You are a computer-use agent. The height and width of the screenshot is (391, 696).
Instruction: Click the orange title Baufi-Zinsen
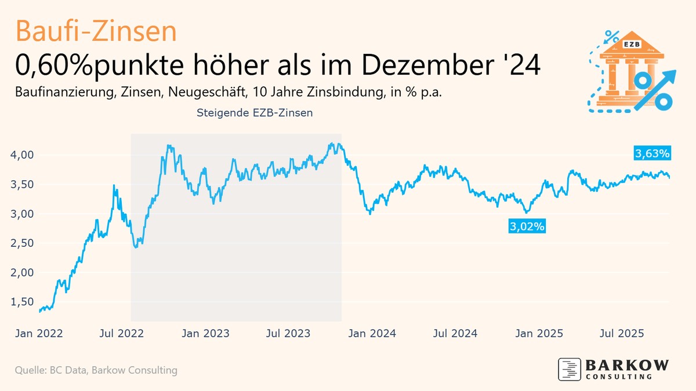(96, 31)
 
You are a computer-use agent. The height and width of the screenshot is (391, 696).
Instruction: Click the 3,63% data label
(652, 154)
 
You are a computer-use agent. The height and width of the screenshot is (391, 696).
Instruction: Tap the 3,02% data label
(527, 227)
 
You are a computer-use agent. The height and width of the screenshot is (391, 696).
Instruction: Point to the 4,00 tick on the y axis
(23, 155)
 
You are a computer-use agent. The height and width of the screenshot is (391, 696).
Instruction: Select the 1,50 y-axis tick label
(23, 302)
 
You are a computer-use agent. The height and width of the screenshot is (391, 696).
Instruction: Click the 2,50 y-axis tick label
(23, 243)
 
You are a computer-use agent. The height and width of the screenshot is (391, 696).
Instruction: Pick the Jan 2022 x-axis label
(38, 334)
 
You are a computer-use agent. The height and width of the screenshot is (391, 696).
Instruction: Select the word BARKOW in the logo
(627, 366)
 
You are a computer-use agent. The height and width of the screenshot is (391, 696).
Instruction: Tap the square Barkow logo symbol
(570, 370)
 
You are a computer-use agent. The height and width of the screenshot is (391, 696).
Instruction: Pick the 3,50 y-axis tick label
(23, 185)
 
